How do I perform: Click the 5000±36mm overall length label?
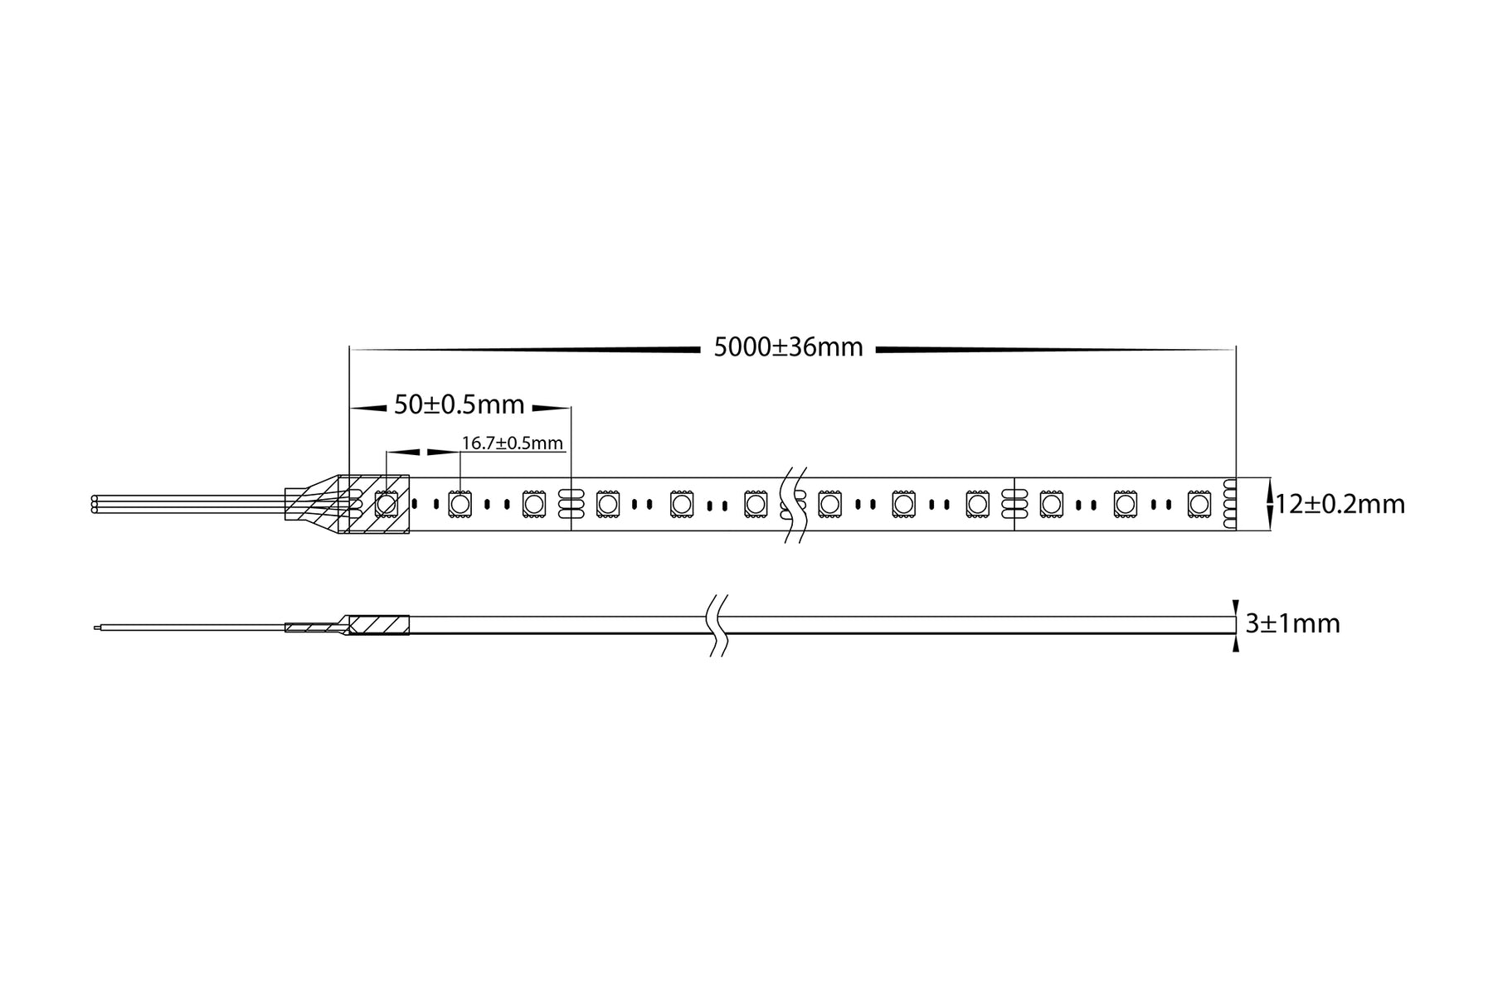[788, 348]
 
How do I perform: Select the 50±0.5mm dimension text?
[459, 405]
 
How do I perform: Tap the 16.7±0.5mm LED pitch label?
[512, 443]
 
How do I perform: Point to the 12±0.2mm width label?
[1340, 504]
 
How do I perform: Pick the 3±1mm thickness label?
[1292, 623]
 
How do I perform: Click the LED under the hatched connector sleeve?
[386, 503]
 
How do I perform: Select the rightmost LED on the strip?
[1199, 503]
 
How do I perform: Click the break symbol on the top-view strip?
[795, 504]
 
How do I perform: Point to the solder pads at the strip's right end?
[1229, 503]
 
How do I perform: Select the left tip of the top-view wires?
[95, 504]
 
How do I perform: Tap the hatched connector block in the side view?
[377, 624]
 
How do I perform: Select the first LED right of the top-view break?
[829, 503]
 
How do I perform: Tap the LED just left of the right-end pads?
[1199, 503]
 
